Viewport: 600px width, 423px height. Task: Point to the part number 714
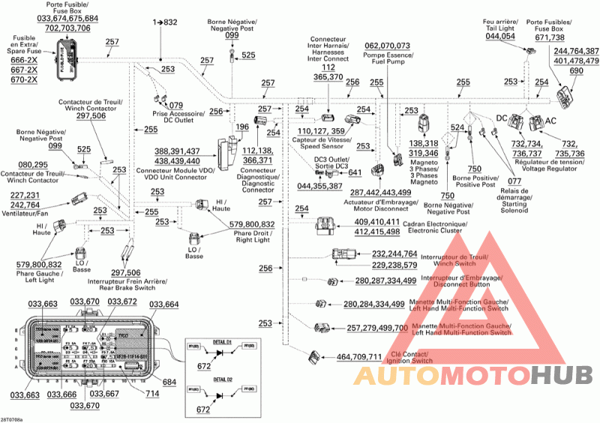tap(153, 393)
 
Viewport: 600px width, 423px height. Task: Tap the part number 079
tap(175, 105)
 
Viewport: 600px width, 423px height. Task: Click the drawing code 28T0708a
tap(12, 418)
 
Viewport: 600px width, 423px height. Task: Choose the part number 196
tap(241, 127)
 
